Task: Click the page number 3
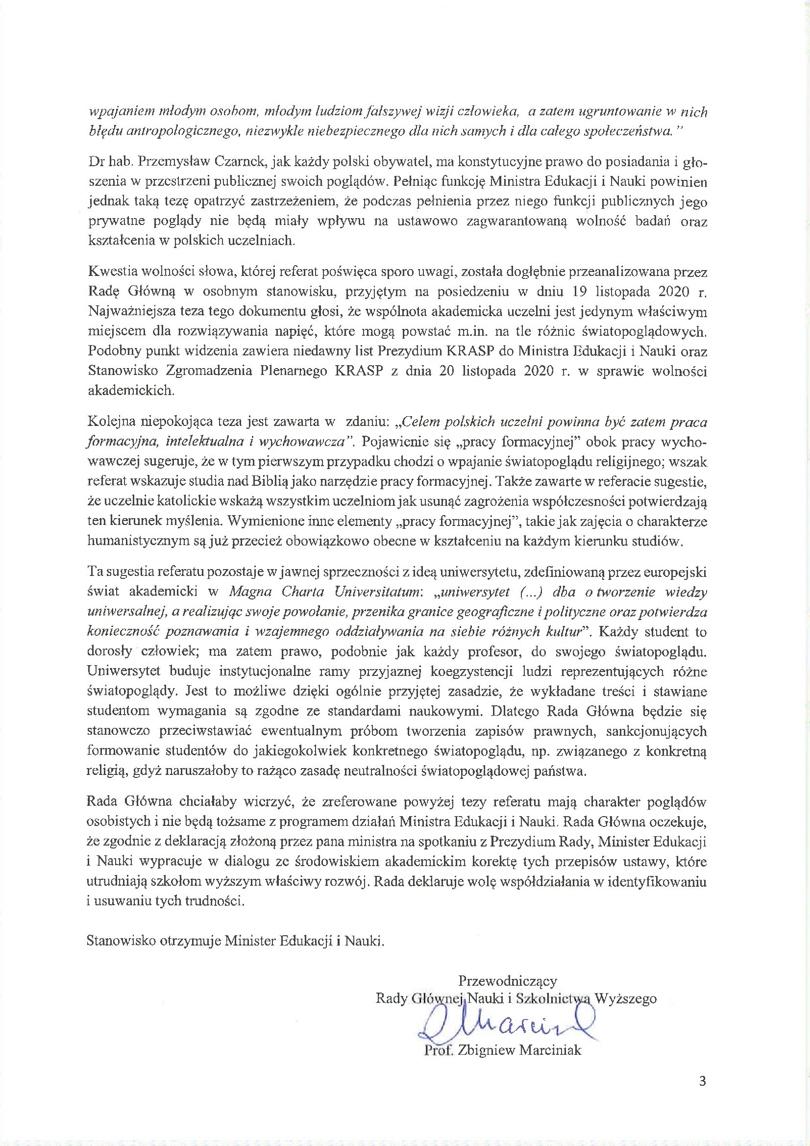pyautogui.click(x=702, y=1081)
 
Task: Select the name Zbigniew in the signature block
pyautogui.click(x=486, y=1049)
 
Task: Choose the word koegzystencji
pyautogui.click(x=471, y=672)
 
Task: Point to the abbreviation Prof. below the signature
pyautogui.click(x=438, y=1049)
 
